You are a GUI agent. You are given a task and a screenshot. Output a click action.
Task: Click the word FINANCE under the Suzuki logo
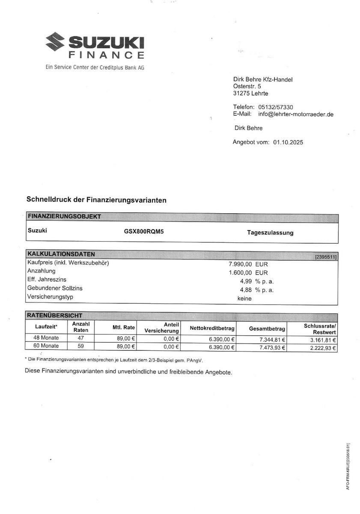click(x=106, y=55)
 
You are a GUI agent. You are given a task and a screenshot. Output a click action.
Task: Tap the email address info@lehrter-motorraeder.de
click(x=296, y=114)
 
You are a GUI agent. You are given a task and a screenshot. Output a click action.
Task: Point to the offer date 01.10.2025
click(x=288, y=142)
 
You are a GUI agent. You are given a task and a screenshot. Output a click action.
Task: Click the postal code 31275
click(x=242, y=93)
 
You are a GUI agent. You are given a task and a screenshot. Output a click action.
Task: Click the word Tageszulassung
click(x=270, y=233)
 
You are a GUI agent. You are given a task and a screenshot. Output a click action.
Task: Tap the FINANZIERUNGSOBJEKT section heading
click(x=64, y=217)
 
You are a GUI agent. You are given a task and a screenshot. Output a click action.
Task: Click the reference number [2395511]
click(x=326, y=257)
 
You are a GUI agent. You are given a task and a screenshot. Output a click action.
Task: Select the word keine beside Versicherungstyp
click(x=244, y=299)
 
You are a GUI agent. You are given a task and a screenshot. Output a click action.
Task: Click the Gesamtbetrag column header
click(x=267, y=329)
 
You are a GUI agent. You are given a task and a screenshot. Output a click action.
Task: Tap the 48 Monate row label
click(x=46, y=338)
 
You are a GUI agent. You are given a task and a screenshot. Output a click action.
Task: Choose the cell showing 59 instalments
click(x=80, y=346)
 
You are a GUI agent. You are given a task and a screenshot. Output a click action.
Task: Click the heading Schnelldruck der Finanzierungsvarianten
click(x=96, y=200)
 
